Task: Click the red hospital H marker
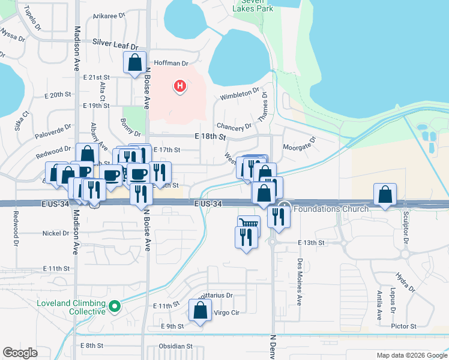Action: pos(179,87)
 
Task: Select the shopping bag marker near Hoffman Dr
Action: pos(135,62)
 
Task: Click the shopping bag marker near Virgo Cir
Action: pos(200,311)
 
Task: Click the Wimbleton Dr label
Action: pos(239,95)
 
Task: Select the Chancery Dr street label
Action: pos(234,127)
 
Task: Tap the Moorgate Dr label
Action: pos(299,145)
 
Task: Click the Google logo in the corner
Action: pos(20,353)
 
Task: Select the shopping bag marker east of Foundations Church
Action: pos(385,195)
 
